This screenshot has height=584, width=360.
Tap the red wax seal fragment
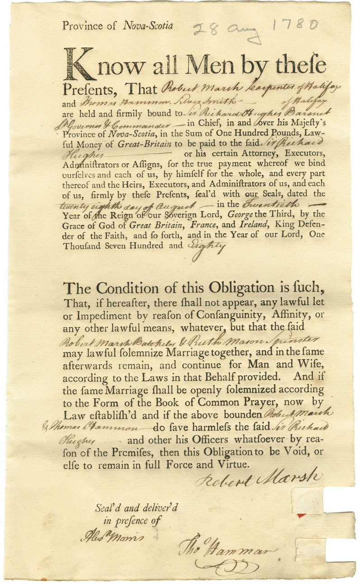click(x=300, y=516)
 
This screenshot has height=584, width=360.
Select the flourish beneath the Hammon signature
click(x=226, y=565)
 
